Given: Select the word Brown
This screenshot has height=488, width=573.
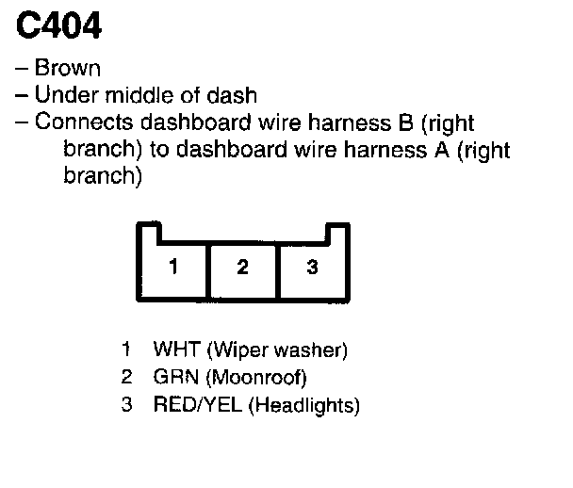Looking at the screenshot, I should pyautogui.click(x=67, y=69).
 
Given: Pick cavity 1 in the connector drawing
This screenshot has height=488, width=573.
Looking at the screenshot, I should pyautogui.click(x=172, y=268).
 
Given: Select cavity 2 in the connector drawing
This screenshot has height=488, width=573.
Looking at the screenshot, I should pyautogui.click(x=242, y=268).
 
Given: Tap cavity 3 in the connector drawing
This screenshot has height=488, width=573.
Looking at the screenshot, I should pyautogui.click(x=313, y=268).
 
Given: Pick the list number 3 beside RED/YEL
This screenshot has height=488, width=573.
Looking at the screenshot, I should pyautogui.click(x=126, y=406).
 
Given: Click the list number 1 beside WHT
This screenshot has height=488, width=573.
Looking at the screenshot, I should pyautogui.click(x=126, y=351).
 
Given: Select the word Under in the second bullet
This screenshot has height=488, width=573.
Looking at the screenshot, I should pyautogui.click(x=59, y=95).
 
